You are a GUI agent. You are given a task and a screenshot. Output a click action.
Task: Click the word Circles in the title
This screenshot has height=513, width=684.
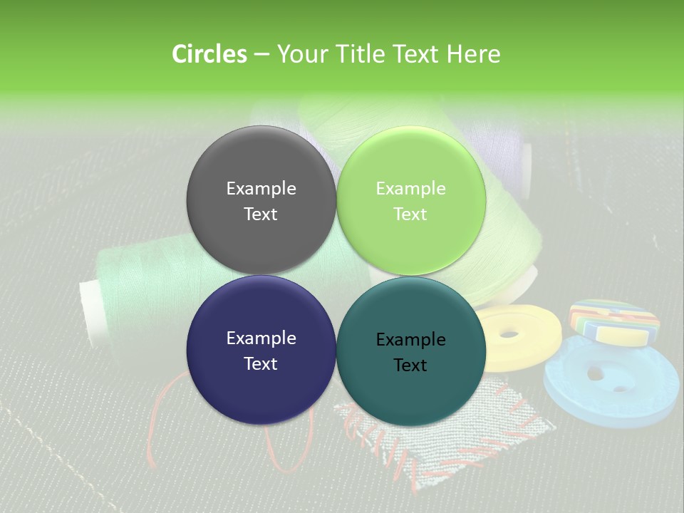tap(209, 54)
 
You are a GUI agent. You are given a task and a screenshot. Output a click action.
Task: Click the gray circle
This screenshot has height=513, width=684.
tap(261, 200)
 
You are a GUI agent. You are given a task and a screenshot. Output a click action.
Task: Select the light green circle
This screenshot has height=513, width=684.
tap(411, 200)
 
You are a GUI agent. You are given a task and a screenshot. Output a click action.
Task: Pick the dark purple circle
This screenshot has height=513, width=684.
tap(261, 350)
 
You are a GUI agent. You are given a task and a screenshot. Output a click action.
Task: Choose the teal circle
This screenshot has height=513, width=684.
tap(411, 351)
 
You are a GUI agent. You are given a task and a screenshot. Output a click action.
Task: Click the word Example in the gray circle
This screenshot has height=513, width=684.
tap(261, 188)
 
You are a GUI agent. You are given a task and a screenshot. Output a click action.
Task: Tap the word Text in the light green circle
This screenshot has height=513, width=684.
tap(410, 214)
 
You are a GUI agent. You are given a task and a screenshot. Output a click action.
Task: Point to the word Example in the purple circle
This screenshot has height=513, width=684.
tap(261, 338)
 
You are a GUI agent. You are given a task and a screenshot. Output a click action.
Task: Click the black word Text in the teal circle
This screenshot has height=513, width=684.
tap(410, 365)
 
